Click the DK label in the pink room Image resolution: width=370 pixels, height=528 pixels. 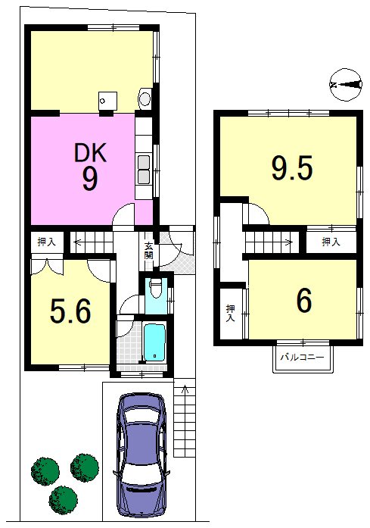[90, 152]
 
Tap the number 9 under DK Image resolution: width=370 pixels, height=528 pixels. [90, 180]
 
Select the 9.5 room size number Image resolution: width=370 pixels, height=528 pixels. [292, 167]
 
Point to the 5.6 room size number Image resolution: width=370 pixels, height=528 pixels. [70, 311]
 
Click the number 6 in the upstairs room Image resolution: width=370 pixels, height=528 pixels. [304, 301]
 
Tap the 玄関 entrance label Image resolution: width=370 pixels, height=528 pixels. [148, 251]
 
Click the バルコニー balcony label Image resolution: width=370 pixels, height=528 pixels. [302, 357]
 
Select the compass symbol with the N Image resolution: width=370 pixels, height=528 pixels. [346, 85]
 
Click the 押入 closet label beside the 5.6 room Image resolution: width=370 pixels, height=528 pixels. [46, 242]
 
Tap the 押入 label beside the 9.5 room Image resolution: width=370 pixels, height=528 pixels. [331, 242]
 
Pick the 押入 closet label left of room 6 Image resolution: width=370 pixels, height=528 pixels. [231, 313]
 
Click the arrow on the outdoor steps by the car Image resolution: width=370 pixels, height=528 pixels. [184, 391]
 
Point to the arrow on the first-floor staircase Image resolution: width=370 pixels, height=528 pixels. [80, 242]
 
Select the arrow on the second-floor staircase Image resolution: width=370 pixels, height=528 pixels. [286, 241]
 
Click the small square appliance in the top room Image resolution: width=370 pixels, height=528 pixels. [107, 101]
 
